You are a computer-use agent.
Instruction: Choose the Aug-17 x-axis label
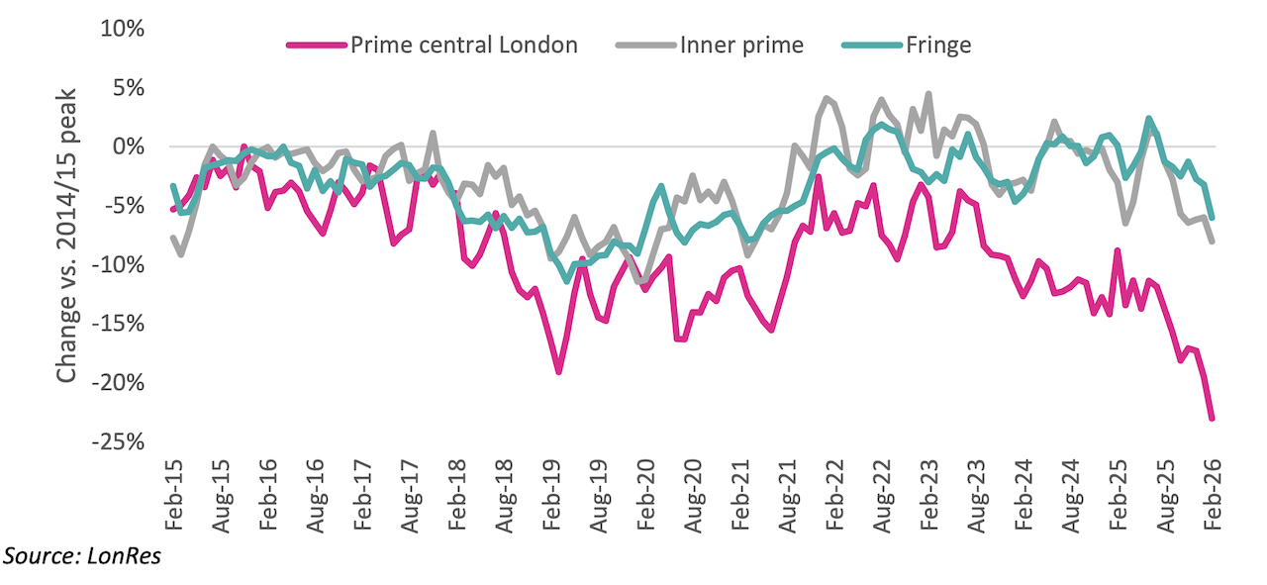pyautogui.click(x=410, y=490)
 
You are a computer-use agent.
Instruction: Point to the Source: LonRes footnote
pyautogui.click(x=82, y=557)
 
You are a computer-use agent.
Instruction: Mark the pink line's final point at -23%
pyautogui.click(x=1212, y=419)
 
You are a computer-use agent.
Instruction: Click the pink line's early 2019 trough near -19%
pyautogui.click(x=559, y=372)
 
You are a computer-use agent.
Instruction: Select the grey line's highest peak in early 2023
pyautogui.click(x=928, y=94)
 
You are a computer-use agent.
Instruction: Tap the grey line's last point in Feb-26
pyautogui.click(x=1212, y=241)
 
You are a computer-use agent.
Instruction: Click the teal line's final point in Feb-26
pyautogui.click(x=1212, y=217)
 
